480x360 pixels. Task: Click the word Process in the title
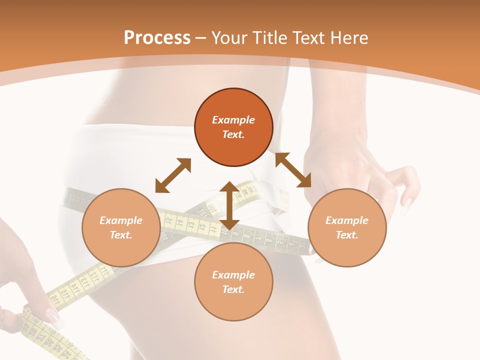point(157,38)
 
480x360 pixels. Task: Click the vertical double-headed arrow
point(229,205)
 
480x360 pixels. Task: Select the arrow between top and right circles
point(293,170)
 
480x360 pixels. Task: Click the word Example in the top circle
point(233,120)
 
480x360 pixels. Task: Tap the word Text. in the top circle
point(233,134)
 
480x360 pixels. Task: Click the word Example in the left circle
point(121,220)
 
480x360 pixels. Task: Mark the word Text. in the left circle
point(121,235)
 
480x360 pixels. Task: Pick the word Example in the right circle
point(347,220)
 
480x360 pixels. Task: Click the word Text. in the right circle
point(347,235)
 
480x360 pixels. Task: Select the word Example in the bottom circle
point(233,275)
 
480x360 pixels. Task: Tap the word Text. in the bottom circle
point(233,289)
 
